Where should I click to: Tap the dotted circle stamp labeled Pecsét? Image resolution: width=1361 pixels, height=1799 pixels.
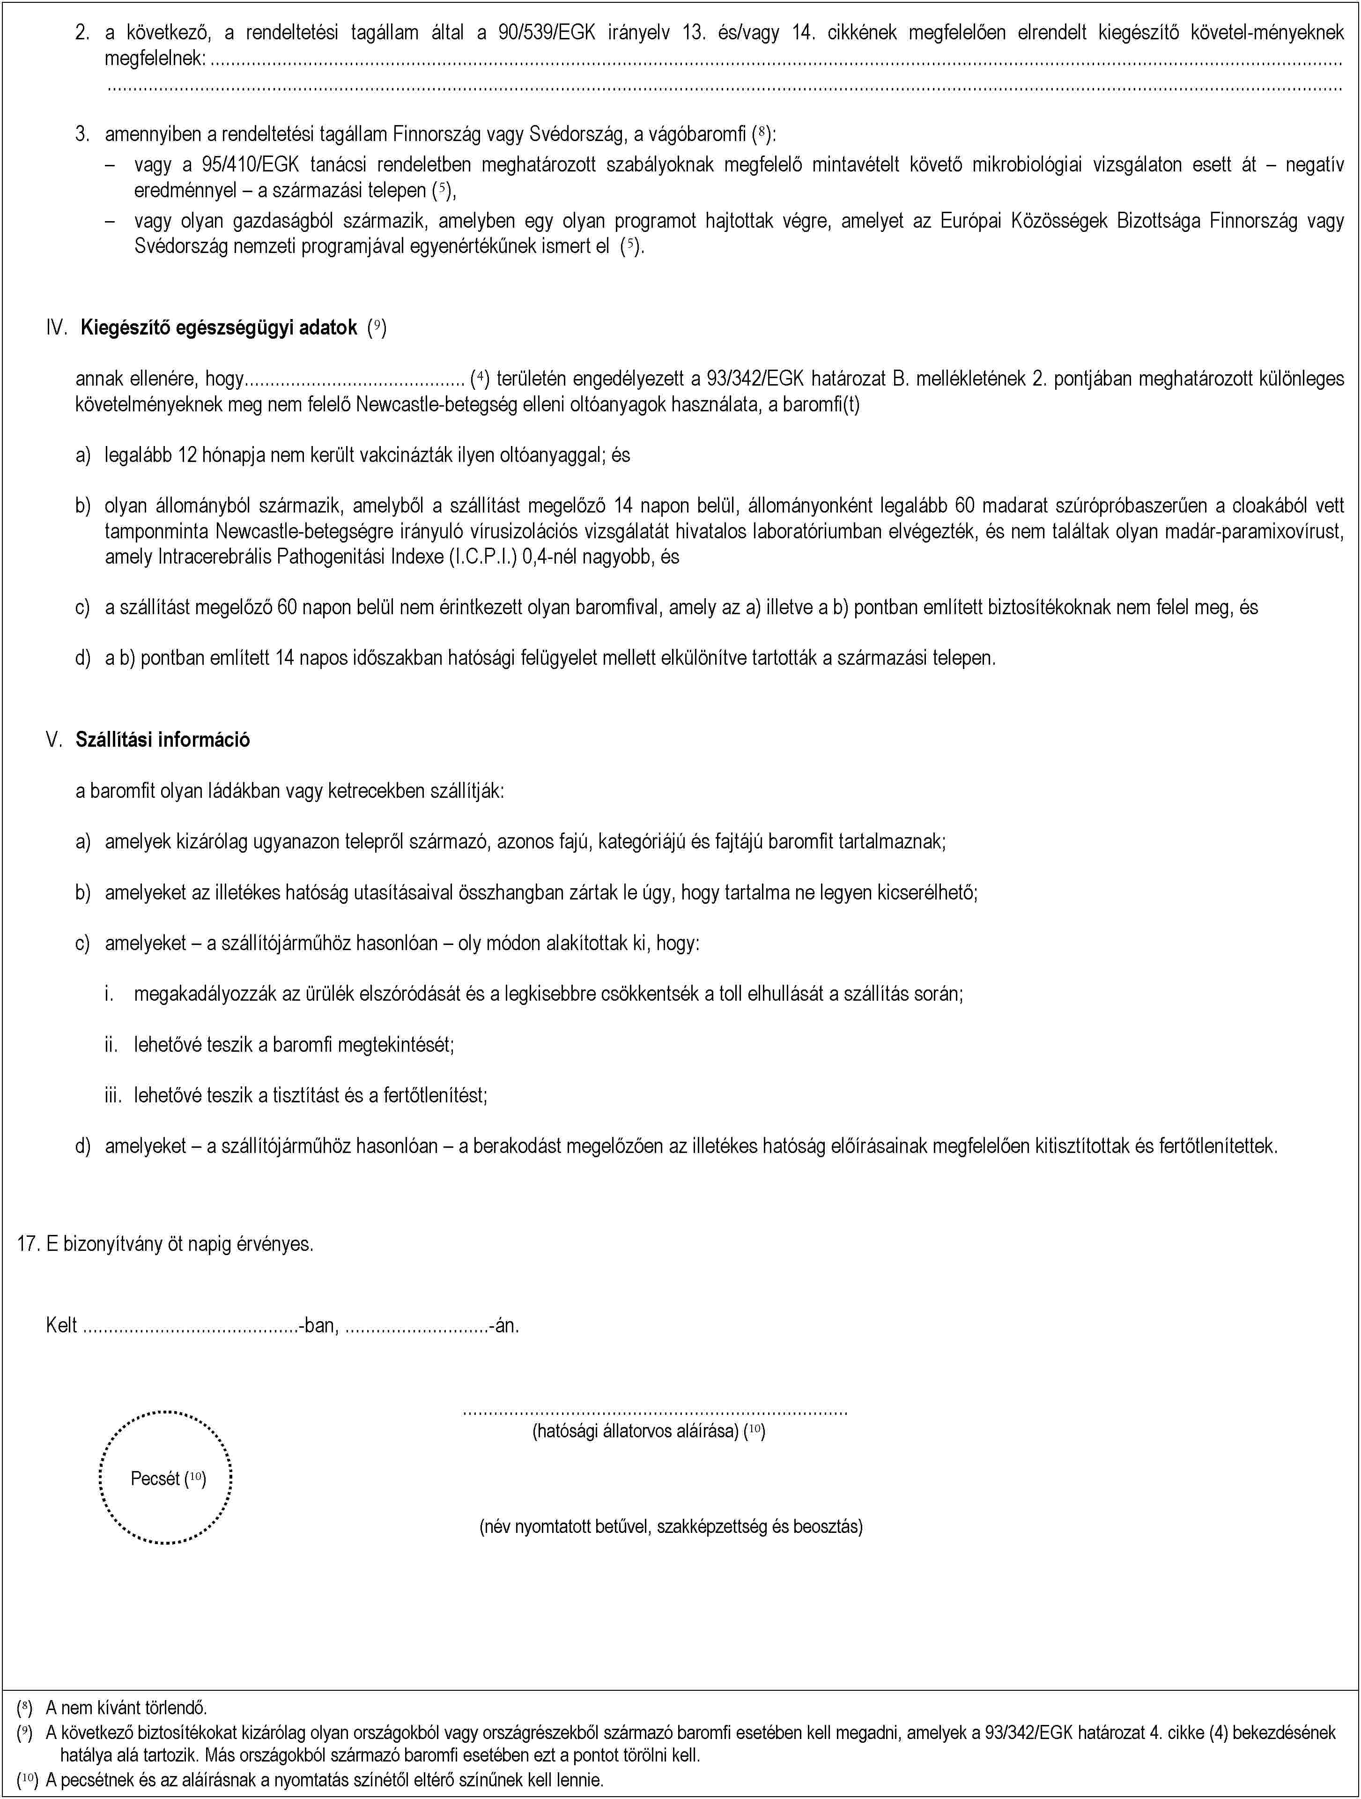(x=166, y=1478)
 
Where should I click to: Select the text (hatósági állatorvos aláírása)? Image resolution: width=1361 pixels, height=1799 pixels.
(x=635, y=1431)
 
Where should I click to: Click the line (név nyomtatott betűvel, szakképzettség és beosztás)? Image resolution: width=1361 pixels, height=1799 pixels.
(x=671, y=1526)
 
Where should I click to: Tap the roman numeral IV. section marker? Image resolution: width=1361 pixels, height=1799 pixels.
(x=56, y=328)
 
